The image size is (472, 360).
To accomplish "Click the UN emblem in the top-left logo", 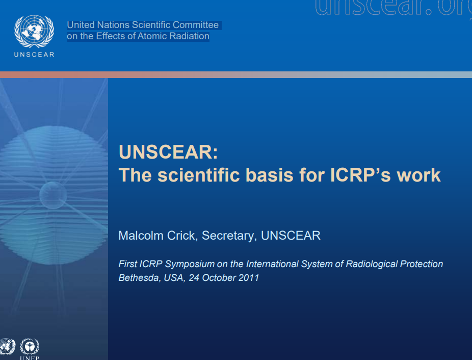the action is click(x=34, y=31).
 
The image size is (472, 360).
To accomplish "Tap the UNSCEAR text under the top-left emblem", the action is click(x=34, y=55).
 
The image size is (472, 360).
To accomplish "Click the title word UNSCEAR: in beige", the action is click(x=168, y=152).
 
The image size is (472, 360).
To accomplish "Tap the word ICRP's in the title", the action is click(x=360, y=175).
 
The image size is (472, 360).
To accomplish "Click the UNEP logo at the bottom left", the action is click(x=30, y=349).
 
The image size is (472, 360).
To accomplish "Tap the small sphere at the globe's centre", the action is click(x=53, y=195).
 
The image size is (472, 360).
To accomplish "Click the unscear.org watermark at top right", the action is click(x=394, y=8).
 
